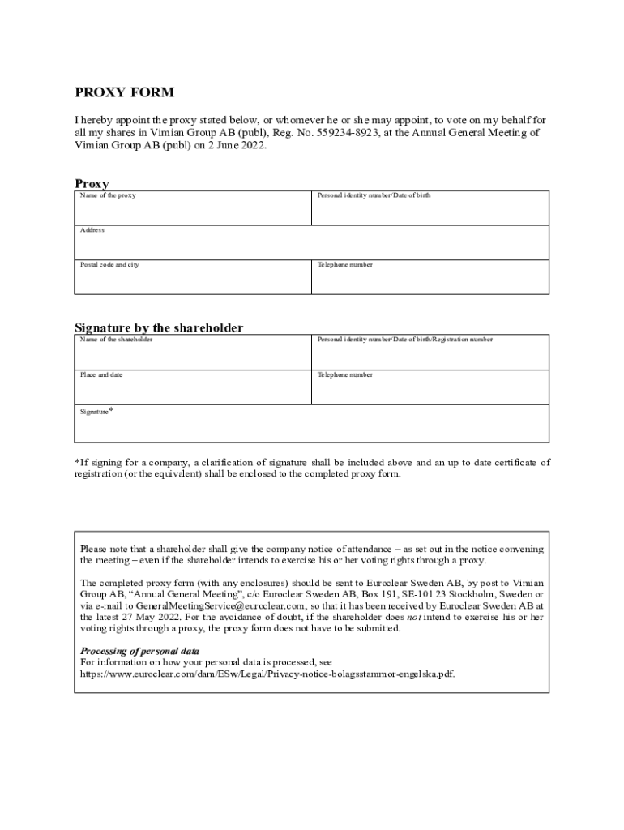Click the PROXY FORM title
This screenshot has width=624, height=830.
coord(125,93)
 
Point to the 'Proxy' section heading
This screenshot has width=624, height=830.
coord(92,184)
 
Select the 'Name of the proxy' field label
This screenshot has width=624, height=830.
coord(108,196)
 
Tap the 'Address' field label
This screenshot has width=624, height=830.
coord(92,230)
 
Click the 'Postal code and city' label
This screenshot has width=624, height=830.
coord(109,265)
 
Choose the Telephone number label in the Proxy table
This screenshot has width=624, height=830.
coord(345,265)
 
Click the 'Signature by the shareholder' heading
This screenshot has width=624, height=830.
coord(159,327)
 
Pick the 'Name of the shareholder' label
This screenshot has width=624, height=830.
coord(116,340)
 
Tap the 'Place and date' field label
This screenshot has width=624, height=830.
coord(101,375)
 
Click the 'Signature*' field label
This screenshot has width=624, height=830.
coord(96,412)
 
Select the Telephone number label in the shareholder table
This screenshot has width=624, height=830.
coord(345,375)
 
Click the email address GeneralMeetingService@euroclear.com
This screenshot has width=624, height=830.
coord(220,605)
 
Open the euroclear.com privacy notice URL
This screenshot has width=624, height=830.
coord(267,674)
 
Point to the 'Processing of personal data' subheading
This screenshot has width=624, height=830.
coord(139,651)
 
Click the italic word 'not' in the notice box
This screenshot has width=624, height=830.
coord(414,617)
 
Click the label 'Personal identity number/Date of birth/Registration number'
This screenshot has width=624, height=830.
coord(404,340)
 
